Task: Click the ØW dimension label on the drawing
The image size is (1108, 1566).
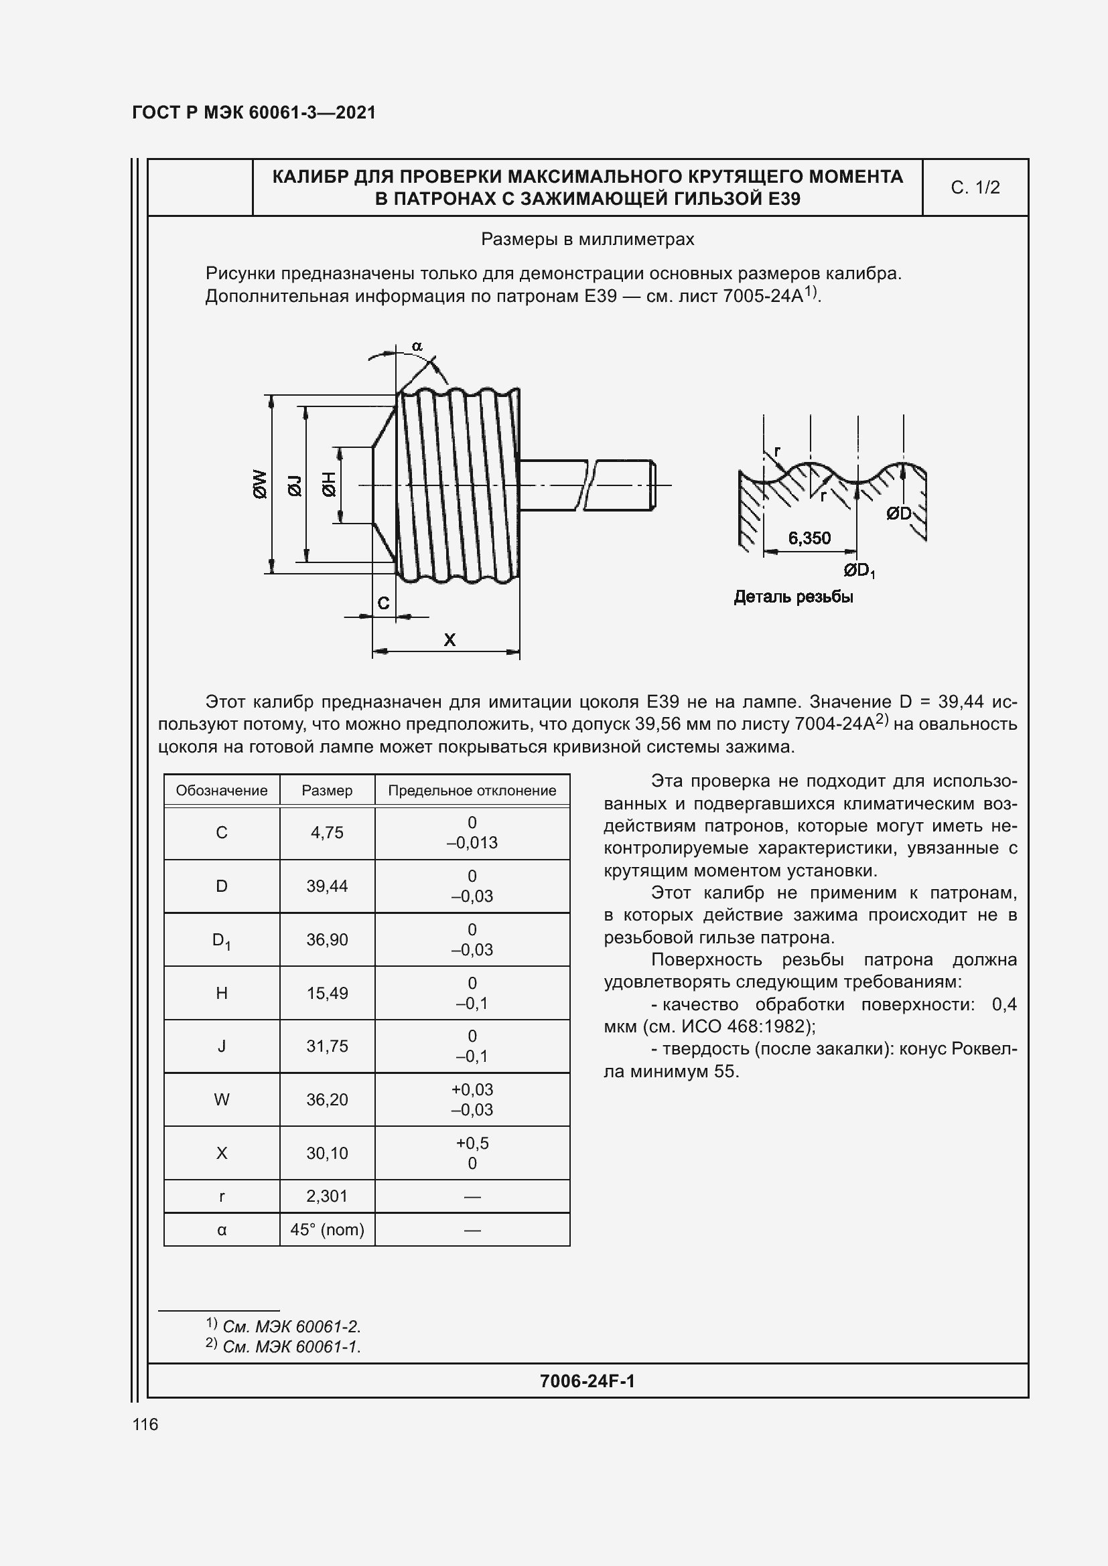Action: (260, 483)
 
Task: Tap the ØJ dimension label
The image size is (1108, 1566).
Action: (295, 485)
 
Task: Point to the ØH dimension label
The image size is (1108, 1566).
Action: (329, 483)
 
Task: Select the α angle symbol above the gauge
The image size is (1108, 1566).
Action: (417, 347)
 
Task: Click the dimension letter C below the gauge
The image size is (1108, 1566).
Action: (383, 603)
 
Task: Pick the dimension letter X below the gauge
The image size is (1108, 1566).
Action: (449, 640)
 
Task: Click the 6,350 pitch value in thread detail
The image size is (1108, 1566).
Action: (809, 538)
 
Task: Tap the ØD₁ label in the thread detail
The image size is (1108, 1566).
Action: (859, 570)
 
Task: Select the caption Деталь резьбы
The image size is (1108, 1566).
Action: (793, 597)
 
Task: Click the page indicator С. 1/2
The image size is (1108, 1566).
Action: (975, 187)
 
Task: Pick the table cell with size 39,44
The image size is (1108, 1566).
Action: (327, 886)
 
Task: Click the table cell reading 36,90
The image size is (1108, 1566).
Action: (327, 939)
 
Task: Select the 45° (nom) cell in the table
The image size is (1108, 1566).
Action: (327, 1229)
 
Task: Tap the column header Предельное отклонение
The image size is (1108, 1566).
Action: (472, 791)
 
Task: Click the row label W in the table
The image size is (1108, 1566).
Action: (222, 1099)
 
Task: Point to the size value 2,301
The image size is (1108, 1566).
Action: (327, 1196)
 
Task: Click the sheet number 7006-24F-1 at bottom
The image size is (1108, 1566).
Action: (587, 1381)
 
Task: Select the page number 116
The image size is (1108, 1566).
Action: (145, 1424)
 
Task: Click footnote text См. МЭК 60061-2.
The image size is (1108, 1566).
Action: (291, 1326)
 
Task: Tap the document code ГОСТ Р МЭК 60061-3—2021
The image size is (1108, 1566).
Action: (254, 112)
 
